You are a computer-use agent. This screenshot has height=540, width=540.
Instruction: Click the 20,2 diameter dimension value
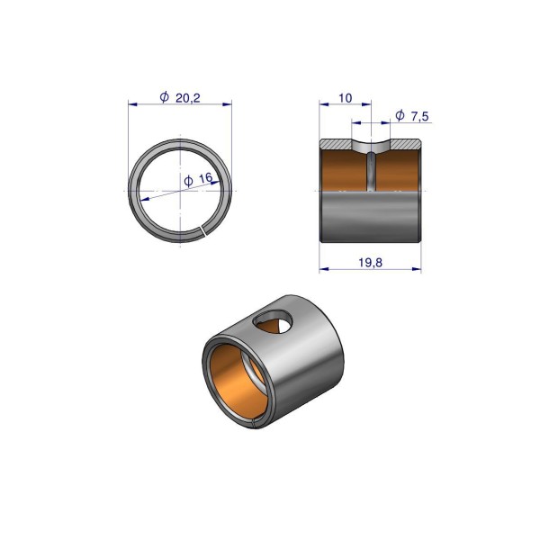pos(188,98)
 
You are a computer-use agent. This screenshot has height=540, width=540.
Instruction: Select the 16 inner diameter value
pos(205,178)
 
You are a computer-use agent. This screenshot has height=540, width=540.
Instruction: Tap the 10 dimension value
pos(346,98)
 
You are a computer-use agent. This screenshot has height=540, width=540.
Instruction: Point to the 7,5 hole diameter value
pos(419,116)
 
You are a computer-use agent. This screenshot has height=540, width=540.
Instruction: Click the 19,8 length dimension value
pos(370,263)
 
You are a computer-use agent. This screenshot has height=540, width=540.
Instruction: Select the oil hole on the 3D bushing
pos(273,321)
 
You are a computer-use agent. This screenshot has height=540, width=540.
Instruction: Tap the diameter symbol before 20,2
pos(165,97)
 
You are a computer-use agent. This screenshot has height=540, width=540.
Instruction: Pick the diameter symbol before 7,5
pos(400,115)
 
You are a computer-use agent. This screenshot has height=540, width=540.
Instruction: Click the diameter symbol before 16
pos(188,181)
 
